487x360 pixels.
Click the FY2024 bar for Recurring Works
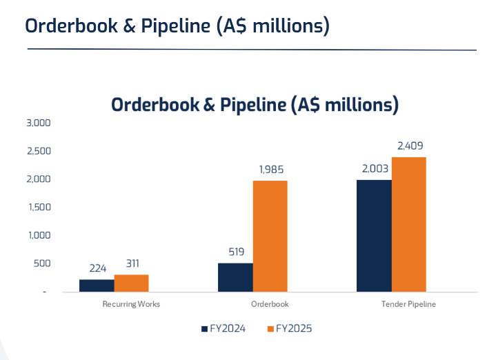(97, 286)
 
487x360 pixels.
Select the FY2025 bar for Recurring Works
(131, 283)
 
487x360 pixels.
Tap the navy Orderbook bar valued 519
(235, 277)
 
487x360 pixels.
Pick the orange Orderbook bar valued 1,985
(270, 236)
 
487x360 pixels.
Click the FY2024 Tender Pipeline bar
(374, 235)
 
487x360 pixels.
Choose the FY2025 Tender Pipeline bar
(408, 224)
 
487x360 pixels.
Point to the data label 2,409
(410, 146)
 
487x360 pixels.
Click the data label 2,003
(374, 169)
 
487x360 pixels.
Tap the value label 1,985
(270, 170)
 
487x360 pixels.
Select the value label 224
(97, 268)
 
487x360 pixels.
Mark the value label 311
(132, 263)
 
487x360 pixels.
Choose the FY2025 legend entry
(290, 329)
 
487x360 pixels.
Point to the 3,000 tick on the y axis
(39, 123)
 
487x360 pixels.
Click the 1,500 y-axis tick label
(39, 207)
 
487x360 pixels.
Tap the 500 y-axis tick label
(42, 263)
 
